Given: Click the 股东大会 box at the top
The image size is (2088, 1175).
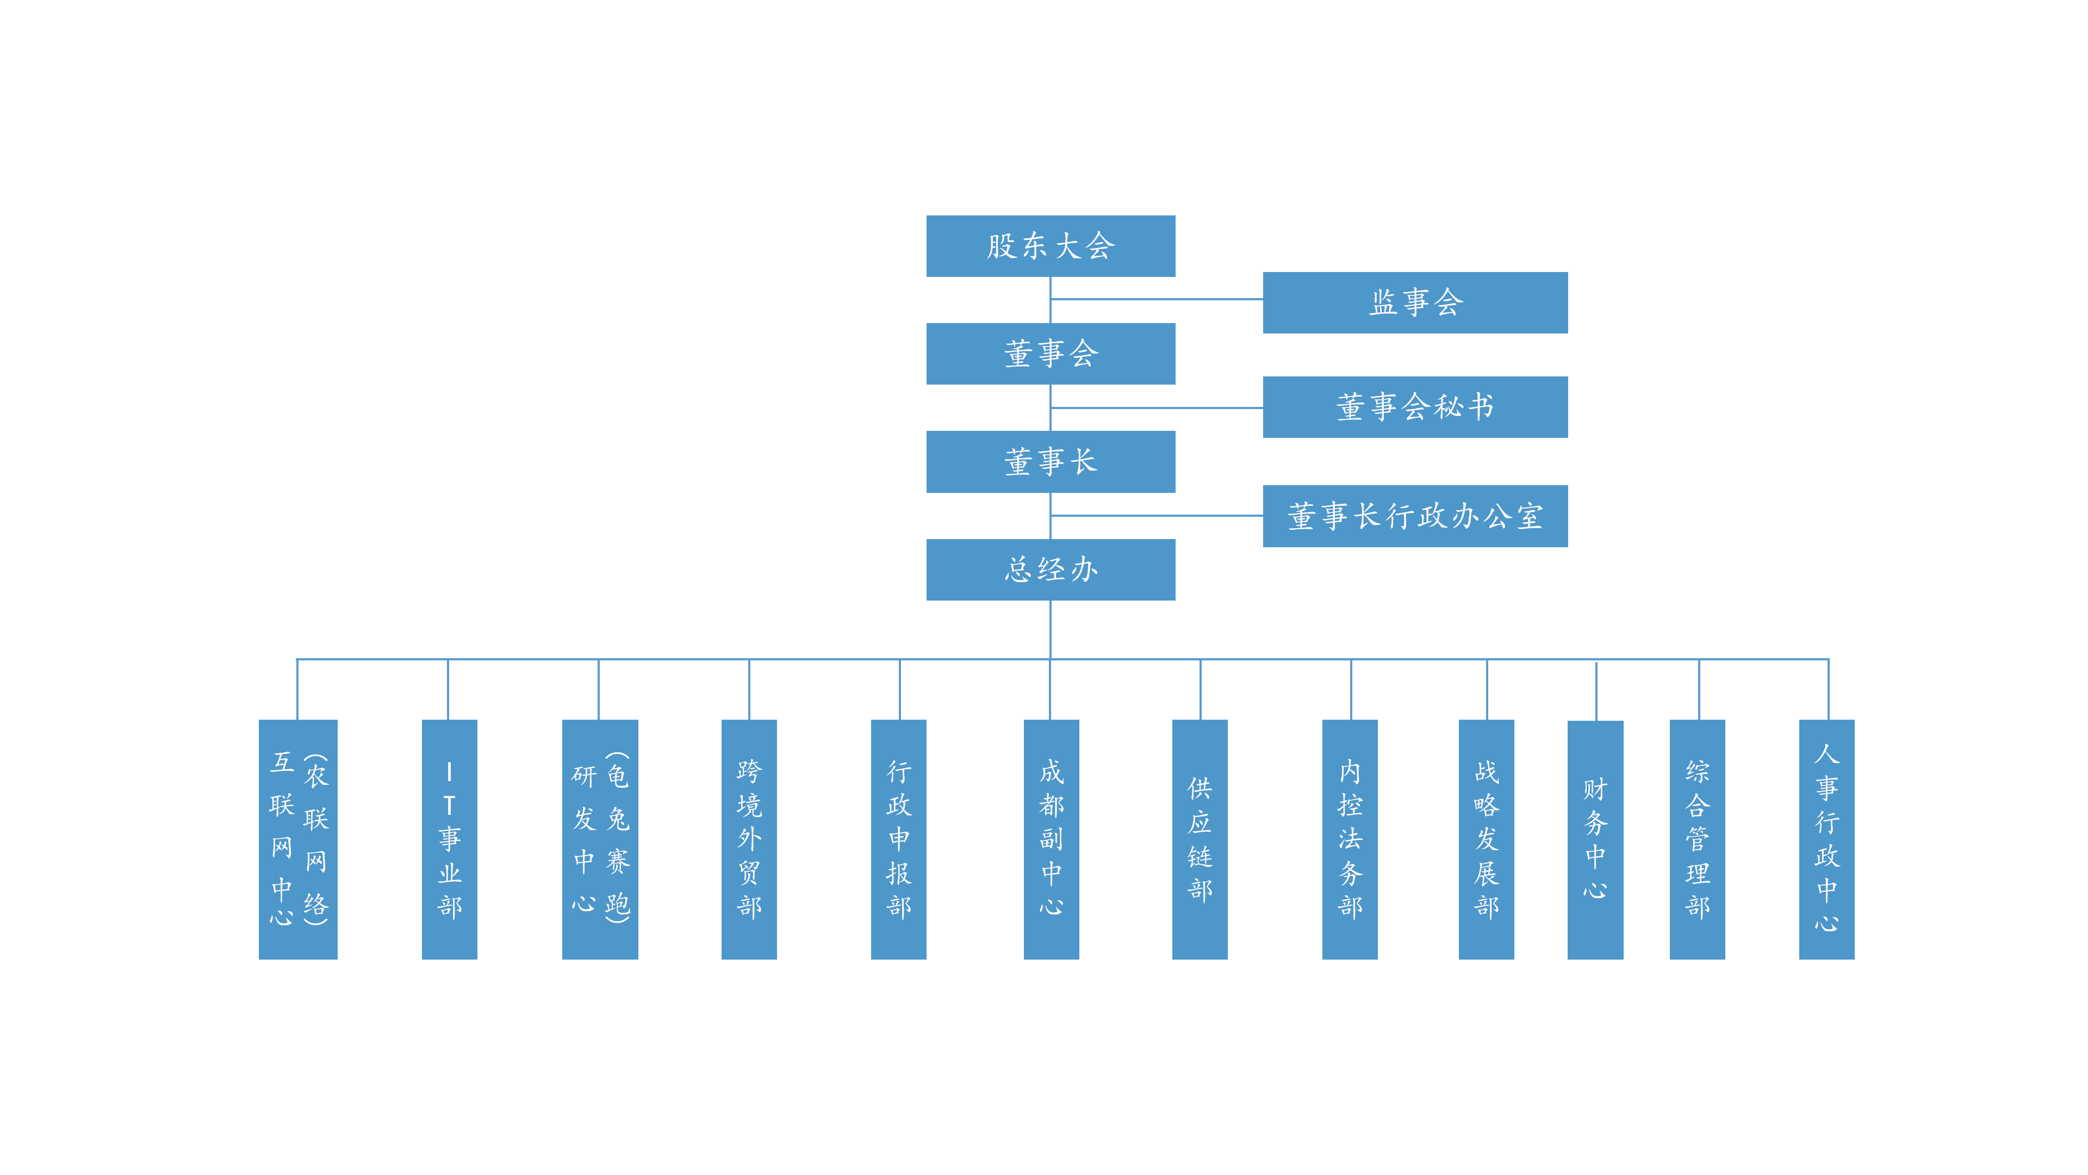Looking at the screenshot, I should [1051, 246].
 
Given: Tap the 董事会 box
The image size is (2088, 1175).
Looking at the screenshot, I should [1051, 354].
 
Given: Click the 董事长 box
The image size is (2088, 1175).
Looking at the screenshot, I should [1051, 461].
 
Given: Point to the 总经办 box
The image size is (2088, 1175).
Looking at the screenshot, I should [1051, 569].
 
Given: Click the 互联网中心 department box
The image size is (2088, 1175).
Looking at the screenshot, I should [297, 839].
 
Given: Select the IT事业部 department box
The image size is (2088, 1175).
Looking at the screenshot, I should [449, 839].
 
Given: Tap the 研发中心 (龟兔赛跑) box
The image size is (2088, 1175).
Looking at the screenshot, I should [600, 839].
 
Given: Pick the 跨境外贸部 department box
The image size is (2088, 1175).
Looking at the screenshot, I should [749, 839].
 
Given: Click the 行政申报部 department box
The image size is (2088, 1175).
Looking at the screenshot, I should [898, 839].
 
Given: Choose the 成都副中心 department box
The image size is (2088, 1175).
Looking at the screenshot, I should [1051, 839].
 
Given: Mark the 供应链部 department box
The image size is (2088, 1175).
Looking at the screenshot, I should [1200, 839].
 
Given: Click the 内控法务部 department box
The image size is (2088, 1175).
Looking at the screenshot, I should [1350, 839].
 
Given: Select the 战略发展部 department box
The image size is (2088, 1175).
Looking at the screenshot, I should [1486, 839].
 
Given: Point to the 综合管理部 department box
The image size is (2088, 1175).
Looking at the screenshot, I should [1696, 839].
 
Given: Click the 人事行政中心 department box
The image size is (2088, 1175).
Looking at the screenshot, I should [1826, 839].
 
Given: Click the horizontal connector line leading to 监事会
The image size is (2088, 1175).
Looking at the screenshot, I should [1157, 299].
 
